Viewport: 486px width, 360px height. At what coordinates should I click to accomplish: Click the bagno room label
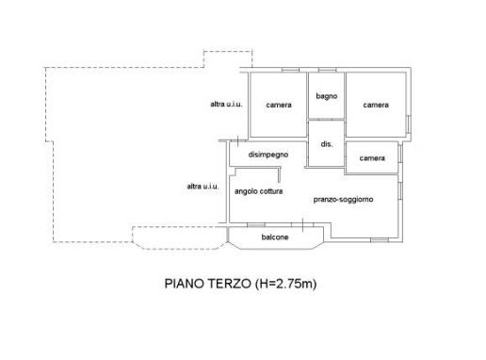coord(327,96)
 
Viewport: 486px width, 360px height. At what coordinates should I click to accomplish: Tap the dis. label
coord(327,144)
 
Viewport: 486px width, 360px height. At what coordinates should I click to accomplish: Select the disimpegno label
coord(267,155)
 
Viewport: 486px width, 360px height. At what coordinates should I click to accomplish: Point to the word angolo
coord(247,191)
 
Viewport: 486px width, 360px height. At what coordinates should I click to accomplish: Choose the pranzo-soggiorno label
coord(345,200)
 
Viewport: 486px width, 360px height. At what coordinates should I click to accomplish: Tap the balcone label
coord(275,237)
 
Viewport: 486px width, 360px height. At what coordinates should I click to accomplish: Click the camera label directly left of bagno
coord(278,105)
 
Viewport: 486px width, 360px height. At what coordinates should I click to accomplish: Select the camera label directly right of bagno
coord(377,105)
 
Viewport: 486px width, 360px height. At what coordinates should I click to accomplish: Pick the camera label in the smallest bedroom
coord(372,157)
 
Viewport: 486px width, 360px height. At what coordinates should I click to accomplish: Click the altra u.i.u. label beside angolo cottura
coord(203,186)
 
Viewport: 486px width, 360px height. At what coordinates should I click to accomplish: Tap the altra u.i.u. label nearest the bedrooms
coord(227,104)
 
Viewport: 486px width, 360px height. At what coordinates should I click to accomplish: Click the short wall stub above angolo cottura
coord(279,173)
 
